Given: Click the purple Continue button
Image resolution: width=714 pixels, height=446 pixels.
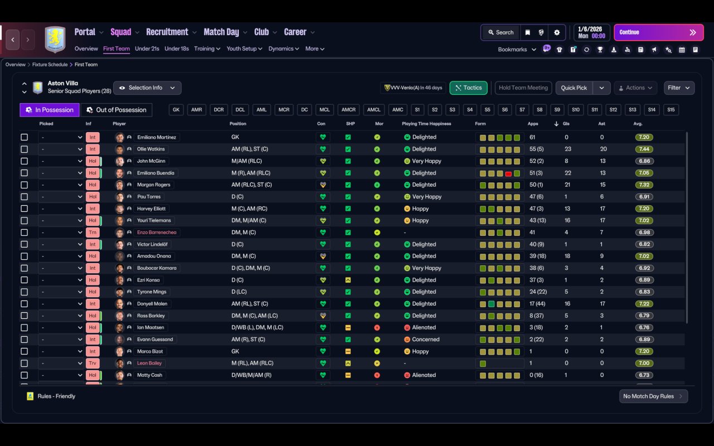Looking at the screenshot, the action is (x=659, y=32).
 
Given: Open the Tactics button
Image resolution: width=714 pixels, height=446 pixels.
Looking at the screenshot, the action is (x=468, y=88).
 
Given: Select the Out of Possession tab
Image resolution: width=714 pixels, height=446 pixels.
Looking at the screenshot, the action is (x=117, y=110).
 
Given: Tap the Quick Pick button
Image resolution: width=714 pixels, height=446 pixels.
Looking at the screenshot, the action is (x=574, y=88).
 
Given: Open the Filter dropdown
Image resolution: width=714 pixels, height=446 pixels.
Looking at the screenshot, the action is (x=679, y=88).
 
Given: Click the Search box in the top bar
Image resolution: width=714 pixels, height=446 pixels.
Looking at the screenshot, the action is (x=501, y=32).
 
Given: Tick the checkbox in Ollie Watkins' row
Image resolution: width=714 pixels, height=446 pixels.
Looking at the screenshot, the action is (x=24, y=149).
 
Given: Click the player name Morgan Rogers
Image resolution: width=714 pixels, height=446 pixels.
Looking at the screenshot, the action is (x=153, y=185).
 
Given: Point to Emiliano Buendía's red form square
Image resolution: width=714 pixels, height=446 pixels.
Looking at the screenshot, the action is (x=508, y=173).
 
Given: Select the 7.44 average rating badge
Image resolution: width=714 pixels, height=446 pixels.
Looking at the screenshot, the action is (x=644, y=149).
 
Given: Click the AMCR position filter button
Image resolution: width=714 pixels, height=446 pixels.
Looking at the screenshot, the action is (x=349, y=110).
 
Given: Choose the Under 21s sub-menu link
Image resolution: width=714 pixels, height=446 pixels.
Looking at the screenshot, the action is (x=147, y=49).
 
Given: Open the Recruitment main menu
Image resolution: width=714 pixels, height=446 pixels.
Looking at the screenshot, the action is (x=167, y=32).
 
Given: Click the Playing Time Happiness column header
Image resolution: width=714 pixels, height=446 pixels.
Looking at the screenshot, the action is (x=426, y=124).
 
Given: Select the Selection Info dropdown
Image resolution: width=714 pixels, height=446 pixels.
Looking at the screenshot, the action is (x=147, y=88).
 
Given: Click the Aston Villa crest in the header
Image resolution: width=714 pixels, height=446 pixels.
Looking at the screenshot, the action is (x=55, y=39).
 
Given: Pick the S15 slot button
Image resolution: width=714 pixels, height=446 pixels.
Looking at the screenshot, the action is (x=671, y=110).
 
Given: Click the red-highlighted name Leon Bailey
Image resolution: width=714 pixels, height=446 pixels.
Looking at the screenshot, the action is (x=149, y=363).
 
